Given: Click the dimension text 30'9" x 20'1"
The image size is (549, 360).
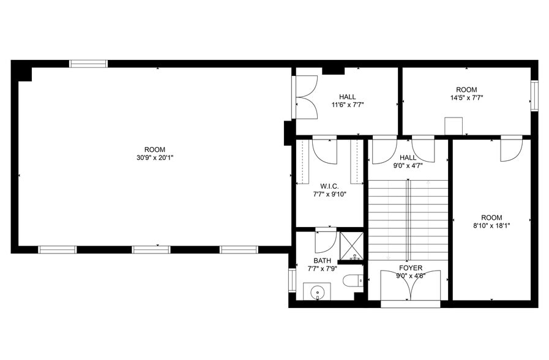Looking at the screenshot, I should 155,157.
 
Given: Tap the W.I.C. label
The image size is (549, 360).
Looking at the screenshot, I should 329,186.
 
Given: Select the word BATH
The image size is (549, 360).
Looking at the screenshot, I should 322,261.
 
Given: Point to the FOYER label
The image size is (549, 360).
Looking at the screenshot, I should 410,268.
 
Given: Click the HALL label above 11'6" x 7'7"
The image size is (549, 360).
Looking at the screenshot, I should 347,97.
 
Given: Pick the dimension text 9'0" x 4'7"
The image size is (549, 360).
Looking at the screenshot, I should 408,165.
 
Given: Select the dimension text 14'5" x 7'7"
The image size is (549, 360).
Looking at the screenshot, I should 466,97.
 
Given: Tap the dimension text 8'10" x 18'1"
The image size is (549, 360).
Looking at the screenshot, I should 491,225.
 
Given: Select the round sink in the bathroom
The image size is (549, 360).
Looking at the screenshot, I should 317,292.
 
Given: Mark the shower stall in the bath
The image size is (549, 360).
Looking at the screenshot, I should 351,246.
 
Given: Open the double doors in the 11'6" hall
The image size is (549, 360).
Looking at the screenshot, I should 306,97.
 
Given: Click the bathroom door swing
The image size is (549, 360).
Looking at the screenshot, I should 325,241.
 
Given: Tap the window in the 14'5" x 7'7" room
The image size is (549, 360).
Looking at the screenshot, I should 534,97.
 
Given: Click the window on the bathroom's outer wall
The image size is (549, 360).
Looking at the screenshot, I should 292,280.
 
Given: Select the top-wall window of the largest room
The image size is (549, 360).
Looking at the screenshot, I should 88,63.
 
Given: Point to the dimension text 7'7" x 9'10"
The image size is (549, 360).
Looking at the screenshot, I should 329,195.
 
